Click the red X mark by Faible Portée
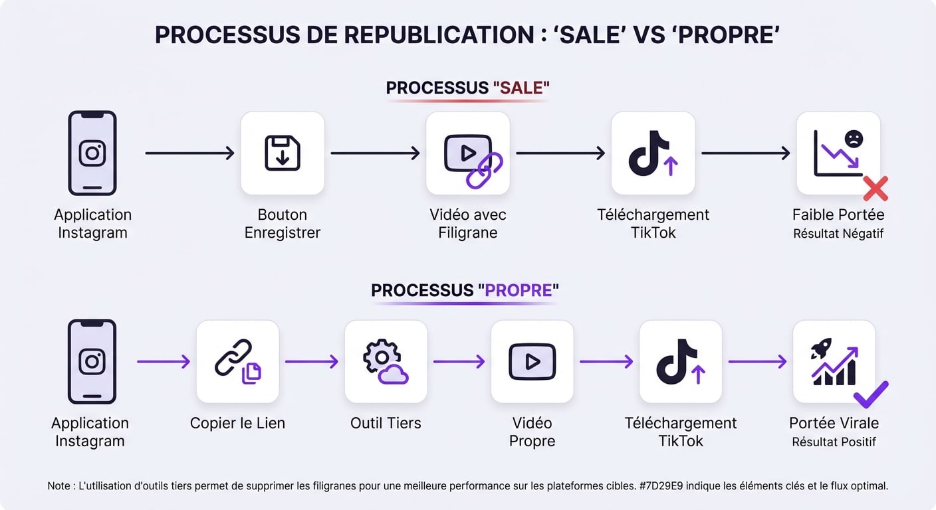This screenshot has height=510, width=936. [876, 189]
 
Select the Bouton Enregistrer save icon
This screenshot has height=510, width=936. [283, 153]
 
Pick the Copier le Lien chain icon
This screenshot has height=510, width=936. [238, 361]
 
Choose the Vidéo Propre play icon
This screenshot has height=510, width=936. [532, 361]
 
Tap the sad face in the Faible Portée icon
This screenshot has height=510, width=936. [854, 139]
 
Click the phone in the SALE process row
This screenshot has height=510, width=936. [92, 153]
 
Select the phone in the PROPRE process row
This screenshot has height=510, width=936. [92, 361]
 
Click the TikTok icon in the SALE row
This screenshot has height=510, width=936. [653, 153]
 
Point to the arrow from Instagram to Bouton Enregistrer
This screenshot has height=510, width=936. [189, 153]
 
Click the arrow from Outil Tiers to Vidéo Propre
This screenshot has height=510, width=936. [459, 361]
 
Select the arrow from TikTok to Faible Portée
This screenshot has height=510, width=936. [745, 153]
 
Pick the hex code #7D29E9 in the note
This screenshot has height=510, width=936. [659, 486]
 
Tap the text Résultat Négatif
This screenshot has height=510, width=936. [838, 234]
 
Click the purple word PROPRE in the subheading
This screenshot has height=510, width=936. [519, 291]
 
